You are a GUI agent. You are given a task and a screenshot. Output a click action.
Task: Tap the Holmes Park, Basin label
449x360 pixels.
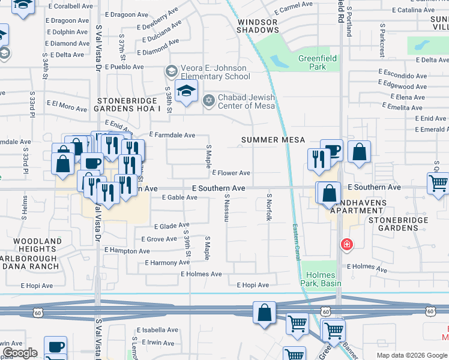tap(320, 279)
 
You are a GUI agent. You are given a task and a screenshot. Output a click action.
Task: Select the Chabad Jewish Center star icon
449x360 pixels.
tap(209, 99)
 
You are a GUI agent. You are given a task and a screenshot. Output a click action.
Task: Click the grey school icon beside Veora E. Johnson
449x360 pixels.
tap(172, 71)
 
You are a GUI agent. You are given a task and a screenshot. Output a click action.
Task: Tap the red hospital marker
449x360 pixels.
tap(346, 244)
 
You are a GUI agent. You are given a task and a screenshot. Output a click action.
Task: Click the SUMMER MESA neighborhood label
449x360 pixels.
tap(273, 140)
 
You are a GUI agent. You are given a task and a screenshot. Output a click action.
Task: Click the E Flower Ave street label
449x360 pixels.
tap(231, 173)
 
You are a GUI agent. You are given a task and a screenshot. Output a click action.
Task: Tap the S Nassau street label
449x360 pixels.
tap(227, 208)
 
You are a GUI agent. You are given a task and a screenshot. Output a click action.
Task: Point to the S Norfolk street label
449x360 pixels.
tap(270, 207)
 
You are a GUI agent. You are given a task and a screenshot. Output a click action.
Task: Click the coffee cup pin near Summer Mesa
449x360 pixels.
tap(331, 150)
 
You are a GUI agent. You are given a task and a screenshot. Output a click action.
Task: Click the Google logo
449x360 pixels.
tap(20, 353)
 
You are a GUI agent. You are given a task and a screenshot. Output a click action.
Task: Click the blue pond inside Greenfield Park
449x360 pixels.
tap(279, 61)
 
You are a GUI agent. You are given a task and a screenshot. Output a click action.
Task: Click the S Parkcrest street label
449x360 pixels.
tap(382, 41)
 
